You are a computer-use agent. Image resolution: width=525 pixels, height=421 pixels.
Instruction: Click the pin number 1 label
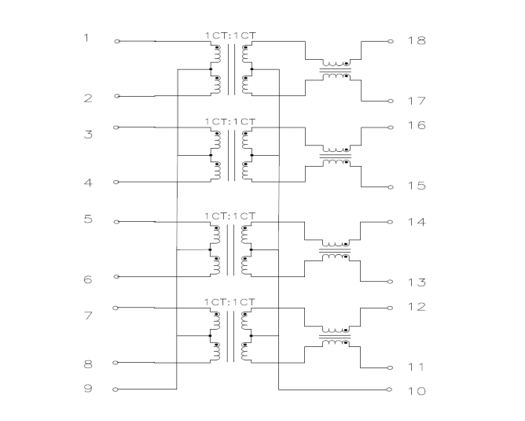tap(86, 38)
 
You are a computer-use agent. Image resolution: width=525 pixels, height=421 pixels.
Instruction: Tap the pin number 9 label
tap(88, 389)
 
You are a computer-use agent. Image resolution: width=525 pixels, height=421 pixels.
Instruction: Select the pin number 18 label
tap(417, 41)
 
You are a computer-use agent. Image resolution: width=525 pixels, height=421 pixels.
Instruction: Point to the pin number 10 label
tap(417, 391)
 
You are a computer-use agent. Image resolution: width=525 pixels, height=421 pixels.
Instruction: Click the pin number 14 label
tap(417, 222)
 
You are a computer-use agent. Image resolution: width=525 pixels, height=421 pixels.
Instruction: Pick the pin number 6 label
tap(88, 279)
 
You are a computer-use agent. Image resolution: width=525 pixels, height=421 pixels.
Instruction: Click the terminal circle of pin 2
tap(117, 96)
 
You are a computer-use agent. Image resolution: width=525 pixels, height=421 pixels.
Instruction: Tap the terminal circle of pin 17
tap(391, 101)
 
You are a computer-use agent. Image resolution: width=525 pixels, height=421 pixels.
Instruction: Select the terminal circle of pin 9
tap(116, 390)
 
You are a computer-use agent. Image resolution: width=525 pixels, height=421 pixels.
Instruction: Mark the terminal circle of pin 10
tap(389, 390)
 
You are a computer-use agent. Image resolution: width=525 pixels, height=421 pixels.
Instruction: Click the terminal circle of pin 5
tap(116, 222)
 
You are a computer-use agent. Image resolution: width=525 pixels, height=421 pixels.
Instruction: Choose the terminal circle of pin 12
tap(390, 308)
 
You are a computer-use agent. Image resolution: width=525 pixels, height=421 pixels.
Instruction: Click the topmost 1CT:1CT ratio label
tap(230, 35)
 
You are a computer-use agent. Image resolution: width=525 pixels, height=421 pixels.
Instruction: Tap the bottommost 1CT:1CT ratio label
tap(229, 302)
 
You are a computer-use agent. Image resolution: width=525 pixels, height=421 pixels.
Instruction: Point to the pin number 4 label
tap(88, 183)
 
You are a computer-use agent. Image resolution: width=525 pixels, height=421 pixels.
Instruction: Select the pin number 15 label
tap(417, 186)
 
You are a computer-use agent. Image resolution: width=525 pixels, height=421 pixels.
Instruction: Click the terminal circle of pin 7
tap(116, 308)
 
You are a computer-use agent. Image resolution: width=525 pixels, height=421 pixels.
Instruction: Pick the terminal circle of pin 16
tap(391, 127)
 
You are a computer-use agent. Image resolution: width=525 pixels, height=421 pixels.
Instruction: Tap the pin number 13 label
tap(417, 283)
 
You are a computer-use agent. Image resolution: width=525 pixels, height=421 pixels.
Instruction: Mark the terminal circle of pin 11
tap(390, 367)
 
